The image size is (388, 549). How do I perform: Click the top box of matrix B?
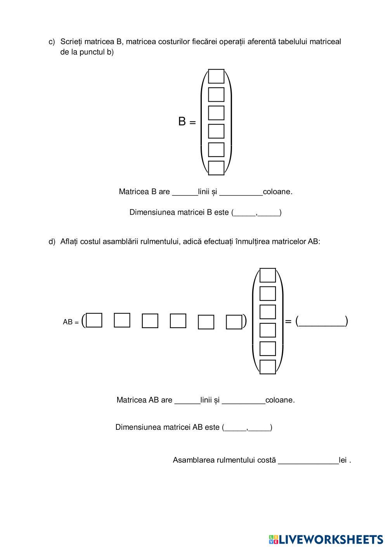point(216,76)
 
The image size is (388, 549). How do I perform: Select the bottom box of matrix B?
point(216,168)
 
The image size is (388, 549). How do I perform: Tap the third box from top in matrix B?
point(216,113)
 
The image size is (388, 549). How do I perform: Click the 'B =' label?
point(187,122)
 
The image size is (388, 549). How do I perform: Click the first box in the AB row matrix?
point(94,320)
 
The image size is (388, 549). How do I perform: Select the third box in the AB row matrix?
point(150,321)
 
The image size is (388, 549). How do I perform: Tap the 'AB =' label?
point(71,322)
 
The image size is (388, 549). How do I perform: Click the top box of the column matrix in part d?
point(267,275)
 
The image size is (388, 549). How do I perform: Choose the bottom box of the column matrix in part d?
point(267,367)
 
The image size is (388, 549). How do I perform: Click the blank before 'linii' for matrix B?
point(185,192)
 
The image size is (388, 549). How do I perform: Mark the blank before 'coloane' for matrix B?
point(241,192)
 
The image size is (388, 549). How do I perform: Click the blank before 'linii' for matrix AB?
point(187,400)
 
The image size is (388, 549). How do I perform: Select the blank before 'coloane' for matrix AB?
point(243,400)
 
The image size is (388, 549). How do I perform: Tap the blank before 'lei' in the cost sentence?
point(308,460)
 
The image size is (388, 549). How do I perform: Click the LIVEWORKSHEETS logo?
point(326,539)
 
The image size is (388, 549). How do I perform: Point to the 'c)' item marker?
point(52,42)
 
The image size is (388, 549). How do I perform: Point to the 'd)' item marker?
point(52,241)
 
